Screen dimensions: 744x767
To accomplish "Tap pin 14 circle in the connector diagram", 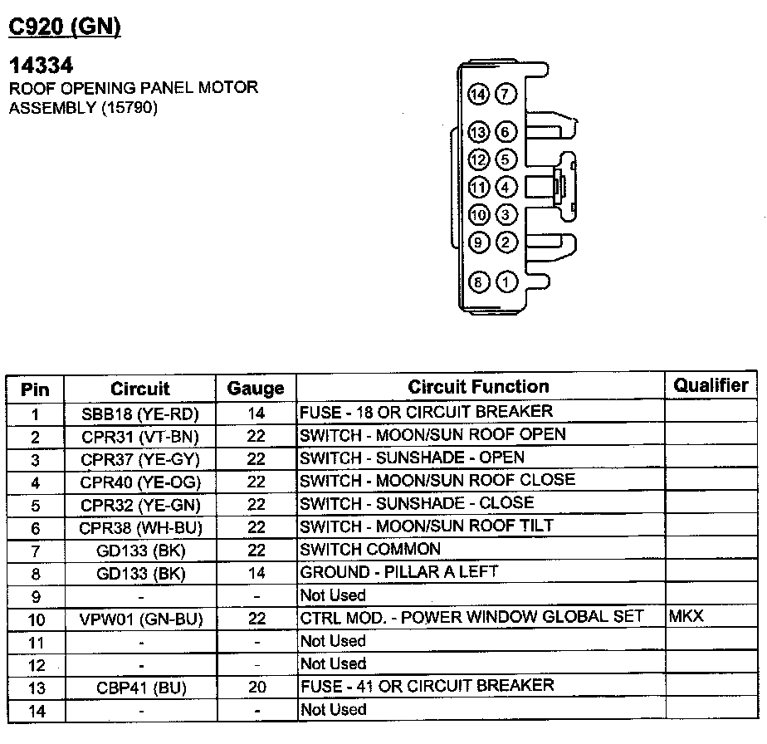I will point(477,94).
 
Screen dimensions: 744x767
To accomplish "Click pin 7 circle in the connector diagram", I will point(506,94).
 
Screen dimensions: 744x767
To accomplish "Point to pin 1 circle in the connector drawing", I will point(506,281).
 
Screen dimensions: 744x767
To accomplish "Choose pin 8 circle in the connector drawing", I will point(477,281).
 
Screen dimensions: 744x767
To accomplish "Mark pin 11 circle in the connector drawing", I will point(477,187).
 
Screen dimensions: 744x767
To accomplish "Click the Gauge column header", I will point(256,388).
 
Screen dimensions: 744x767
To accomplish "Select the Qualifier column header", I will point(711,385).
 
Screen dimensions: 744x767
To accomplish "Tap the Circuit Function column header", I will point(478,387).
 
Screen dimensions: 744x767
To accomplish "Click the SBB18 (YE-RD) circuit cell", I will point(139,413).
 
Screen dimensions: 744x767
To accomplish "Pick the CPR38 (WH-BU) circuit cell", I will point(139,527).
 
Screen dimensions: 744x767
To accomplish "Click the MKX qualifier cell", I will point(686,617).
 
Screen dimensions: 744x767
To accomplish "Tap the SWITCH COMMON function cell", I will point(370,549).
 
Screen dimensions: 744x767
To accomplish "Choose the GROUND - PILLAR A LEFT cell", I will point(398,572).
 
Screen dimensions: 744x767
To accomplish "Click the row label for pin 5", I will point(36,505).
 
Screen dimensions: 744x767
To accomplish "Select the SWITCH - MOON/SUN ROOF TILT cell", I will point(427,526).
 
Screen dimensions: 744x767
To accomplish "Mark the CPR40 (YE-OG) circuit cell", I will point(139,482).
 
